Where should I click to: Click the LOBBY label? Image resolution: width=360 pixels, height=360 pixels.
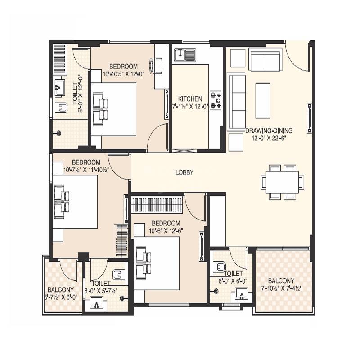coord(184,172)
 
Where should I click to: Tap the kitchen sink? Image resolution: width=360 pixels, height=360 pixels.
coord(184,55)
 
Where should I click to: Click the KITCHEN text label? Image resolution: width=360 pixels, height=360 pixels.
coord(190,99)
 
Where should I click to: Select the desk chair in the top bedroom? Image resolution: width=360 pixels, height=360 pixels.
coord(157,64)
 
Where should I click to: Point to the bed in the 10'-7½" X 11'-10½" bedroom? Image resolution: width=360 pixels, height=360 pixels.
coord(75,202)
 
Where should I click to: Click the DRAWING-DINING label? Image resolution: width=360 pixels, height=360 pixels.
coord(269,131)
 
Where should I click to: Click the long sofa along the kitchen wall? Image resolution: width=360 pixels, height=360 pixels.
coord(235,101)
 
